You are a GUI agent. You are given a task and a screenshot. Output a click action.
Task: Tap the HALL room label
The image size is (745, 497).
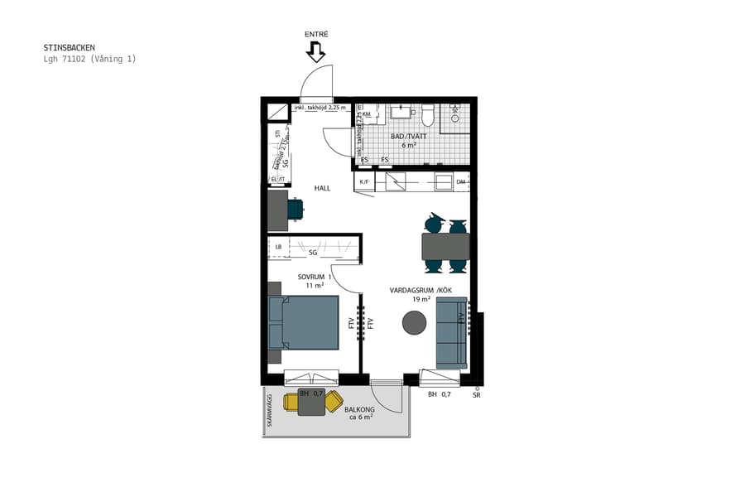coord(322,188)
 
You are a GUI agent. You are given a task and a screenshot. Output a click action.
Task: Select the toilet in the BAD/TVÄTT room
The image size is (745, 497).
coord(428,113)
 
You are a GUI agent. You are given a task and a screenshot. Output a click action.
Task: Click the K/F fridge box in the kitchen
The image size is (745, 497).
coord(363,181)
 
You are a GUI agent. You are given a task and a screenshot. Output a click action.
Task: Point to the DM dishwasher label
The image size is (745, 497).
coord(461,181)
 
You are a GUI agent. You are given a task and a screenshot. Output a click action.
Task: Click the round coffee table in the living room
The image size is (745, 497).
coord(414,323)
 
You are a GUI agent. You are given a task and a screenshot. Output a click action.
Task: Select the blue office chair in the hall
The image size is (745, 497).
coord(296,209)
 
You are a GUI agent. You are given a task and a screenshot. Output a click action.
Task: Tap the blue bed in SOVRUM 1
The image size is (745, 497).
coord(303,322)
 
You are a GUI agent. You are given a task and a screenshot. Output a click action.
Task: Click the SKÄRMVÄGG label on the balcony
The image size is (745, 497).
coord(268,412)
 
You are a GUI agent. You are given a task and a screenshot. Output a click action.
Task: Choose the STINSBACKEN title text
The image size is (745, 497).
coord(69,48)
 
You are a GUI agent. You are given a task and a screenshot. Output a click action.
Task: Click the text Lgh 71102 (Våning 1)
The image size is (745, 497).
coord(89,59)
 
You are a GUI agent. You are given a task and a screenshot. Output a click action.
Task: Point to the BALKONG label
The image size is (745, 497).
coord(361,409)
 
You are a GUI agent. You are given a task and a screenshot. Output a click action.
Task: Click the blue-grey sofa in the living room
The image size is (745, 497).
coord(452,332)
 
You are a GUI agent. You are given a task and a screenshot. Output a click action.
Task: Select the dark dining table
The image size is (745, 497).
coord(445,246)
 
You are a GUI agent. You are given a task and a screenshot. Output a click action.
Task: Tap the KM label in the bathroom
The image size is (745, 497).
coord(366,114)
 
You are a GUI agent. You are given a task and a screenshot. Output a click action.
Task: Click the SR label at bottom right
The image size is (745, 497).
coord(476,395)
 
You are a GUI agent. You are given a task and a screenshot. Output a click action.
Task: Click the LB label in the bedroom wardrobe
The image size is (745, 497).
coord(279,246)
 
